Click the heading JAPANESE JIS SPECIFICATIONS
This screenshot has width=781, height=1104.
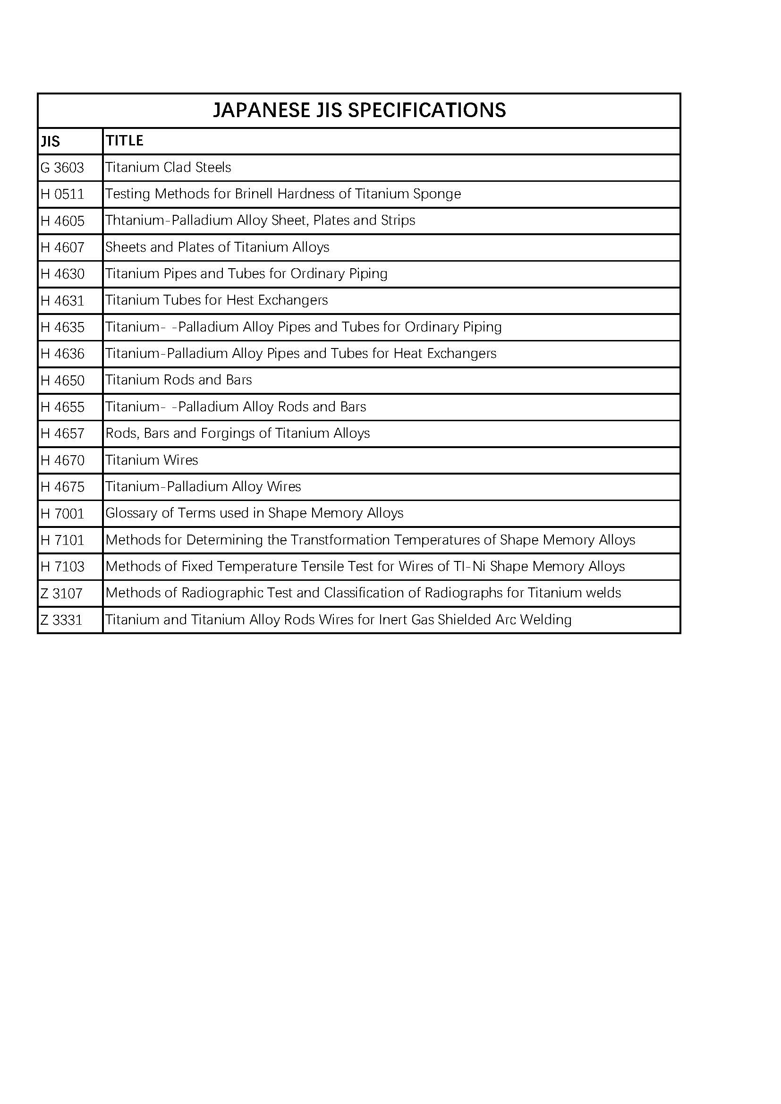click(x=359, y=110)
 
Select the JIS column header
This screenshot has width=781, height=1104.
click(x=50, y=141)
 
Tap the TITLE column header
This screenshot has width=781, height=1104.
click(x=125, y=140)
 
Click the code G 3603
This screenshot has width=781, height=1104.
click(x=62, y=168)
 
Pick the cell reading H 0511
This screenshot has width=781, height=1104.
click(x=62, y=194)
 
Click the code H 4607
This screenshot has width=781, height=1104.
click(x=62, y=247)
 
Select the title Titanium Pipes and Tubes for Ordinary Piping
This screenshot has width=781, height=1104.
click(x=246, y=273)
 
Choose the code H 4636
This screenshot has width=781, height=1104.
click(x=62, y=354)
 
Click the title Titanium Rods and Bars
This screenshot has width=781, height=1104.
click(x=178, y=380)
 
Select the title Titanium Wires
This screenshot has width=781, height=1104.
click(x=152, y=460)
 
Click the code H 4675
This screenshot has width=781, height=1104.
click(x=62, y=487)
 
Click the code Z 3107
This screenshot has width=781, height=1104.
click(x=61, y=594)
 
